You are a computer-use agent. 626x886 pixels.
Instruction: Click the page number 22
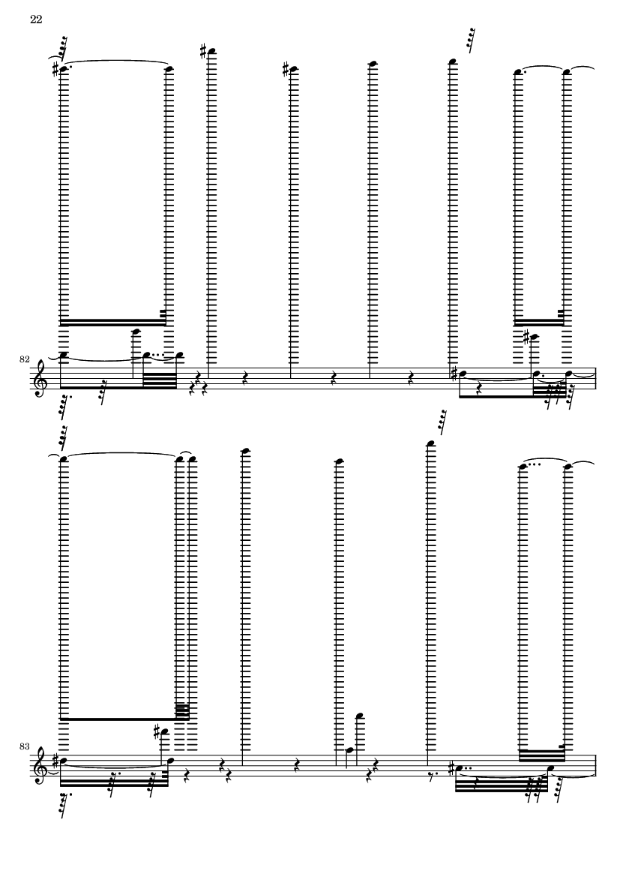pyautogui.click(x=35, y=20)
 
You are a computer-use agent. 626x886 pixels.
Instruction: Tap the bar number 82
pyautogui.click(x=24, y=359)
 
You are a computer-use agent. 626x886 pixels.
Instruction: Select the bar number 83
pyautogui.click(x=24, y=746)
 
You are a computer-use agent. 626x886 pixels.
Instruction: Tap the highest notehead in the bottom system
pyautogui.click(x=430, y=443)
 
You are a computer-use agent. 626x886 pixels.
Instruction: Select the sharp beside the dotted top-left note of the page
pyautogui.click(x=55, y=70)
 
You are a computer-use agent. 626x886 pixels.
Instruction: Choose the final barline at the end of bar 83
pyautogui.click(x=595, y=764)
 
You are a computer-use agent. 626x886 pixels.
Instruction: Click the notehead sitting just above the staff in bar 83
pyautogui.click(x=350, y=749)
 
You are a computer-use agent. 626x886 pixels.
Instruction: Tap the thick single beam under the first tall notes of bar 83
pyautogui.click(x=118, y=719)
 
